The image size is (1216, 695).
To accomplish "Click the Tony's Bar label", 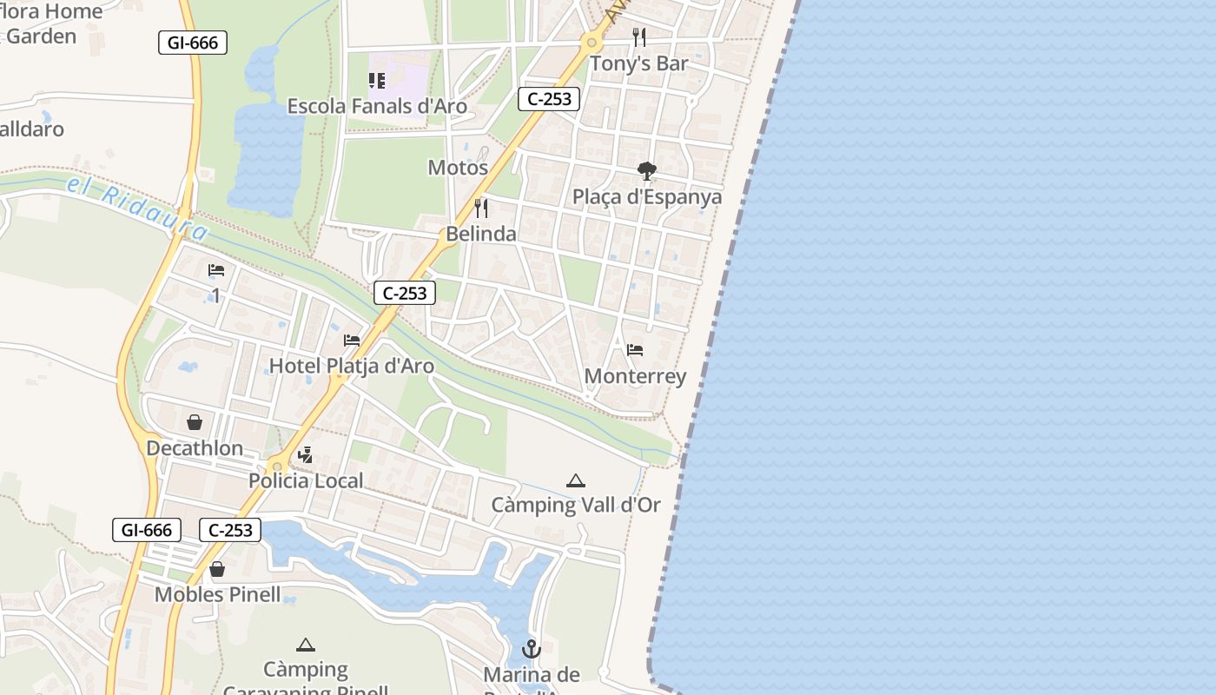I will click(x=638, y=63).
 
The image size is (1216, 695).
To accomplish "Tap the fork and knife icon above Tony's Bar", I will click(x=639, y=37).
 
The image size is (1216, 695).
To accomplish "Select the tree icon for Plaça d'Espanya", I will click(x=646, y=170).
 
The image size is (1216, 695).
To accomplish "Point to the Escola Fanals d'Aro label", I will click(x=377, y=107).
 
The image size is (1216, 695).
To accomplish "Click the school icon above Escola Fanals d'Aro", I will click(x=377, y=81).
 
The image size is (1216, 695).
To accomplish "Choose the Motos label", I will click(x=458, y=168).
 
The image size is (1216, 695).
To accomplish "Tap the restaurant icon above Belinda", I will click(x=481, y=208).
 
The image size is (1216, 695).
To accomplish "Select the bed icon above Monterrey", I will click(x=635, y=350).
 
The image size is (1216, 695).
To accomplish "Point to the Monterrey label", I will click(x=635, y=376).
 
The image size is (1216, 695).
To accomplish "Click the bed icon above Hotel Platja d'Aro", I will click(x=352, y=340).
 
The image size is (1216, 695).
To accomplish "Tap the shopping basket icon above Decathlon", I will click(x=195, y=422).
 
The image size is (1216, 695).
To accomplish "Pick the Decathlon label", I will click(x=195, y=448).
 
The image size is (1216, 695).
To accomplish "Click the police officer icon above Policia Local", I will click(x=305, y=454).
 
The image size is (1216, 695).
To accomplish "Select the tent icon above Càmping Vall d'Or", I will click(x=575, y=480).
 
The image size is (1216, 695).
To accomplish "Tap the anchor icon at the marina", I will click(x=531, y=649).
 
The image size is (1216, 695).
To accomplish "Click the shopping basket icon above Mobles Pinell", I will click(x=217, y=569).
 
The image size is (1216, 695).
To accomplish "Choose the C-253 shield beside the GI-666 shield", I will click(x=230, y=530).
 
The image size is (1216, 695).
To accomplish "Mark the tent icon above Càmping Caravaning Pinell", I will click(x=305, y=645).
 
